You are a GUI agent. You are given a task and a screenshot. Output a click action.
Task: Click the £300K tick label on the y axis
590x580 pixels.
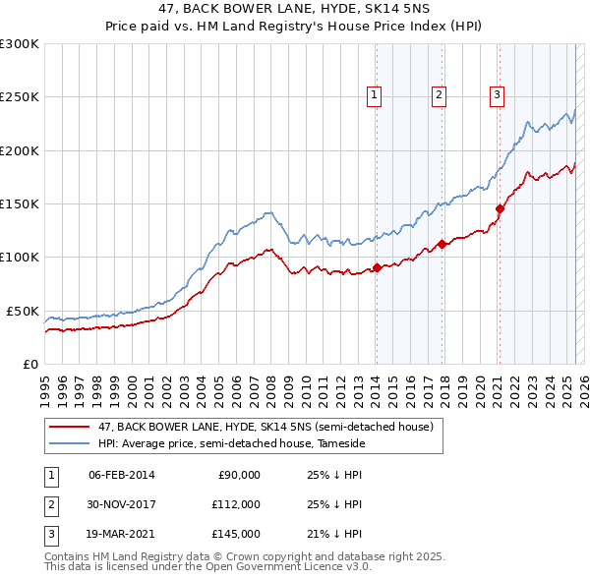(20, 44)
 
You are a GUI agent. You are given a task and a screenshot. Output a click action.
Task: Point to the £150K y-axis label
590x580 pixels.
(20, 203)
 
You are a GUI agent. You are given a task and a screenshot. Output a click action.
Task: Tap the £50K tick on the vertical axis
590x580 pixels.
(23, 311)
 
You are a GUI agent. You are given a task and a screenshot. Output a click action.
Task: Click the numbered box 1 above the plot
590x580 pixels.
(375, 95)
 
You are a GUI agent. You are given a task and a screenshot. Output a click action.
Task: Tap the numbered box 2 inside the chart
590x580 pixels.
(439, 95)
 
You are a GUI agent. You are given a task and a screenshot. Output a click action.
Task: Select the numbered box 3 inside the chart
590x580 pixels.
(498, 95)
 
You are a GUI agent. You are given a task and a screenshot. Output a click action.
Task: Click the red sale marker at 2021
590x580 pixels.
(500, 208)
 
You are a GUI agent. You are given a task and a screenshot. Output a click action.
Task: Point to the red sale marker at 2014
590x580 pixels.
(377, 267)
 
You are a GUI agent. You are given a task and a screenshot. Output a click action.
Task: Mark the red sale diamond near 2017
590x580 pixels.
(442, 244)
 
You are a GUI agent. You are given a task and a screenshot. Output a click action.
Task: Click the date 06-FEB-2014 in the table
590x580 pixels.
(122, 475)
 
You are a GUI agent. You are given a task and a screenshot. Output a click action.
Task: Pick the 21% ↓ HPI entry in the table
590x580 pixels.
(334, 534)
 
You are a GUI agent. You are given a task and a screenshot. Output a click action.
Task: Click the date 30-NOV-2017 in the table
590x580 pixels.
(122, 504)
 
